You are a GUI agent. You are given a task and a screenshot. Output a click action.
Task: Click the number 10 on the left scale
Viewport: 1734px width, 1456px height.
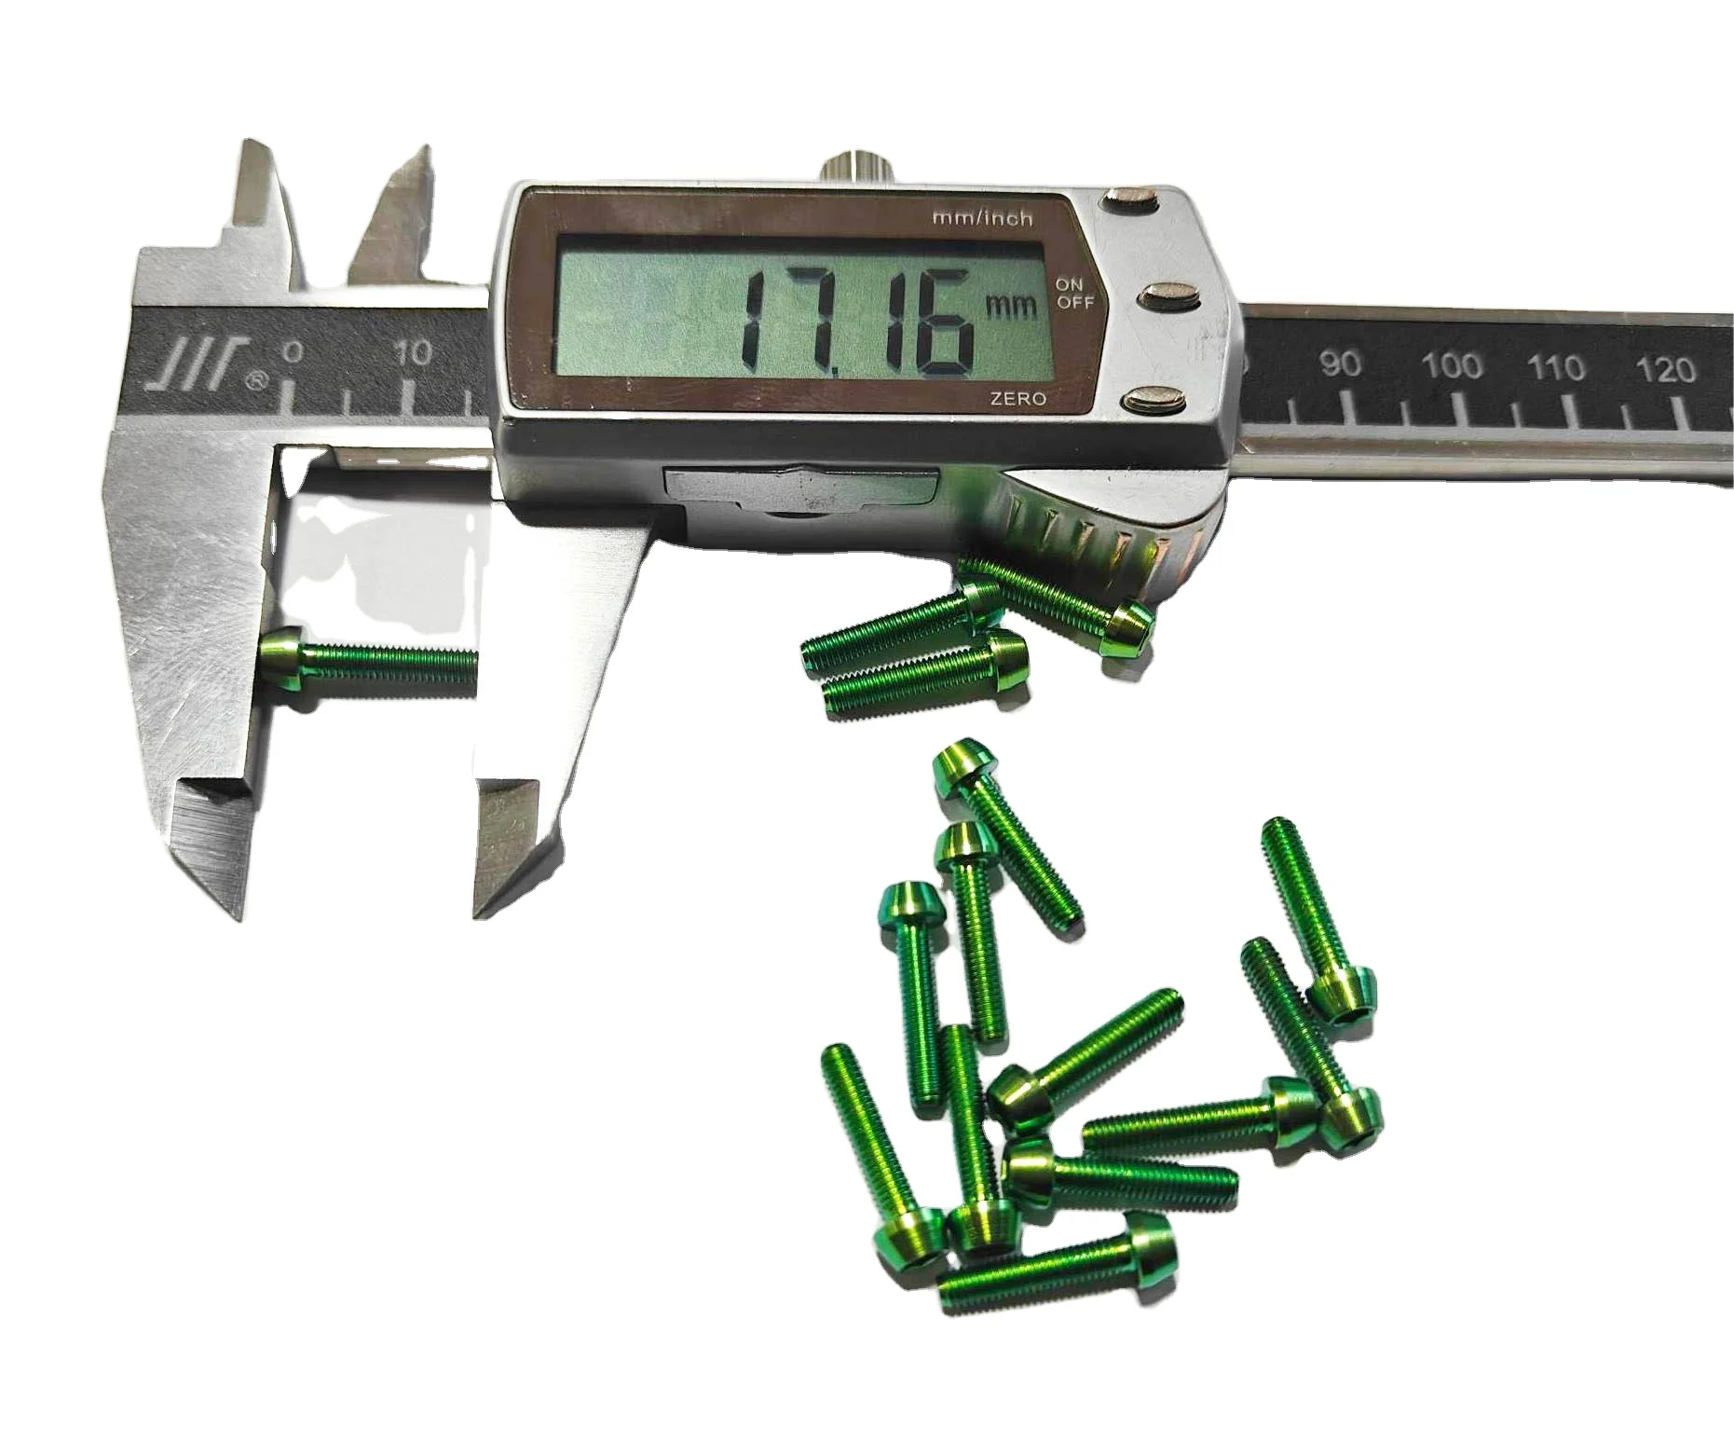tap(413, 352)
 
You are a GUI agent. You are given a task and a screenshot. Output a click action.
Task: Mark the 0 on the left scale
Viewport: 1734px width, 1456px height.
tap(294, 351)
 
